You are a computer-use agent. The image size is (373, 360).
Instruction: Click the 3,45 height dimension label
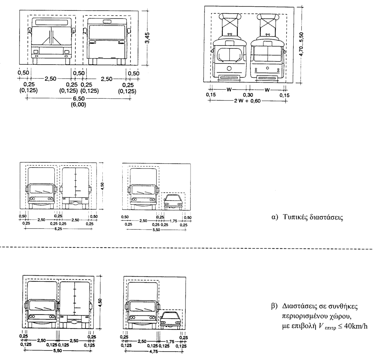(x=147, y=37)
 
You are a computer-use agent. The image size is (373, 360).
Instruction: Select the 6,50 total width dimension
(x=78, y=99)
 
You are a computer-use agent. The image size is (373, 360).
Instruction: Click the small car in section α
(x=172, y=202)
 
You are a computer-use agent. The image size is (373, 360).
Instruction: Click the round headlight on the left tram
(x=229, y=68)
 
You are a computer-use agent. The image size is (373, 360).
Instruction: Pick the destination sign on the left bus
(x=52, y=22)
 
